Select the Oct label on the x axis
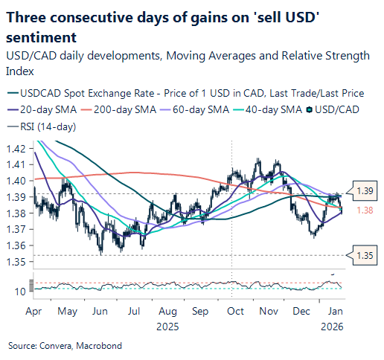(x=235, y=313)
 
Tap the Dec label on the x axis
(x=302, y=313)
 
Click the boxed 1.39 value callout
(x=365, y=192)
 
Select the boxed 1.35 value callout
(x=365, y=255)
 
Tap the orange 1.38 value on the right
(x=365, y=211)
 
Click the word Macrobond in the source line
(x=100, y=346)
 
